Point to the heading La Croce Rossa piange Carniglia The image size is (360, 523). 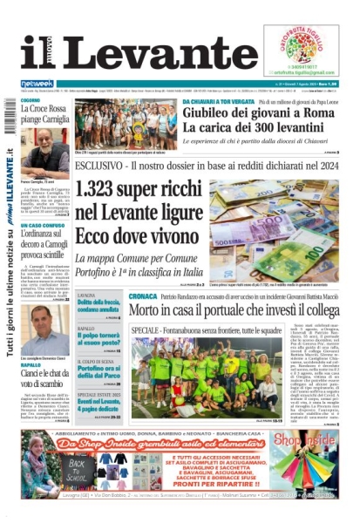point(44,115)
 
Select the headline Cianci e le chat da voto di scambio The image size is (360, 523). point(44,380)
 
